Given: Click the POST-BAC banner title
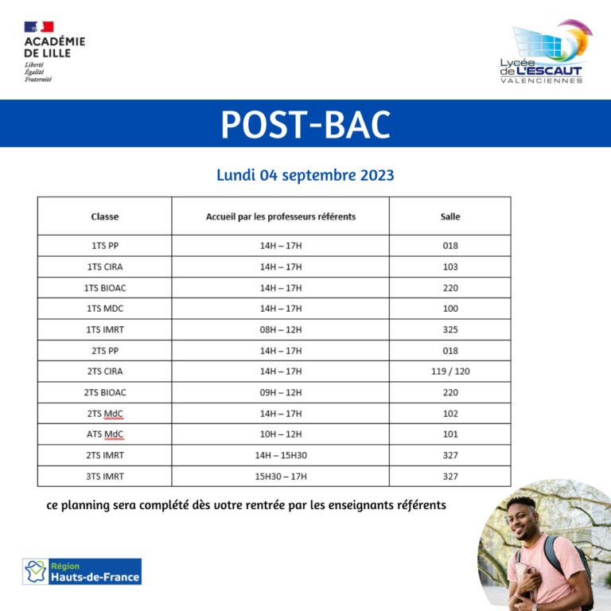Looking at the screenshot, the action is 305,124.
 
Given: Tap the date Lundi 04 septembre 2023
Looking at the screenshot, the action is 305,175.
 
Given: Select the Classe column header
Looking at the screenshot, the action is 105,216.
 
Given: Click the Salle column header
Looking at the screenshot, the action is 450,216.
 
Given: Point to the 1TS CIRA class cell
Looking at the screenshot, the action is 105,267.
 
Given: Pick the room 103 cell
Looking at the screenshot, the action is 450,267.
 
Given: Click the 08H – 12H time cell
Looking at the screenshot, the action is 281,329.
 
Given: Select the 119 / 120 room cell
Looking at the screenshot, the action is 450,372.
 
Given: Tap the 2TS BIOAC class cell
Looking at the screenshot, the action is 105,392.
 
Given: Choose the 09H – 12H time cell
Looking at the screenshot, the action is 281,392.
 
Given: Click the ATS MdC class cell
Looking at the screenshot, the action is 105,434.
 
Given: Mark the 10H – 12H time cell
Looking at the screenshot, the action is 281,434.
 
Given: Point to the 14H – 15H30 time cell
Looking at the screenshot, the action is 281,455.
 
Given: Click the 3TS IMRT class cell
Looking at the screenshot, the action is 105,477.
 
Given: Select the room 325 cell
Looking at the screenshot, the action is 450,329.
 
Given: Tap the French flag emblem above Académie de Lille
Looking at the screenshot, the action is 38,27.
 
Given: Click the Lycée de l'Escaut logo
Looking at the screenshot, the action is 544,52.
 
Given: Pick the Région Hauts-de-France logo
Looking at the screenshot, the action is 82,572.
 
